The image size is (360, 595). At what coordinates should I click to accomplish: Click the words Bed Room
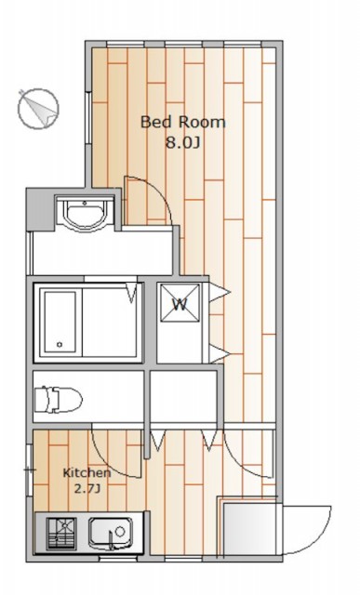[x=183, y=123]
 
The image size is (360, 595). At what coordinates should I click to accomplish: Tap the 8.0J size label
[x=182, y=143]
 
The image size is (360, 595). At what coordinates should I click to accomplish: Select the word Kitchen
[x=87, y=473]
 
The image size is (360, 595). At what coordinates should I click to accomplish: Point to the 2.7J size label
[x=87, y=489]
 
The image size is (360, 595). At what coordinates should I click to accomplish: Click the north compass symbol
[x=39, y=109]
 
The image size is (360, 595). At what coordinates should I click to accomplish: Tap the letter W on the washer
[x=180, y=304]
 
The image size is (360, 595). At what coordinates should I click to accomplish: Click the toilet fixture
[x=58, y=400]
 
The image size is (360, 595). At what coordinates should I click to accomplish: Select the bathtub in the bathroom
[x=60, y=323]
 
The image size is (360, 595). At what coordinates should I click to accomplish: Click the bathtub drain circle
[x=60, y=345]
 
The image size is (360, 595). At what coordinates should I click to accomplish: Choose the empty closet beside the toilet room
[x=183, y=396]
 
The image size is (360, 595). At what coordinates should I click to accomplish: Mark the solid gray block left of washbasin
[x=40, y=209]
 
